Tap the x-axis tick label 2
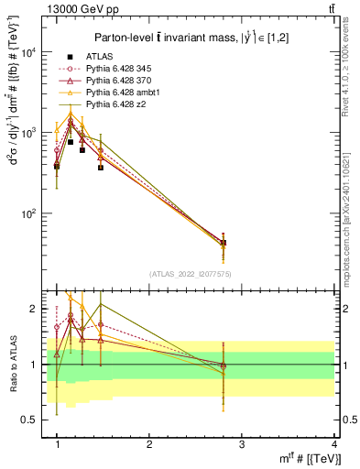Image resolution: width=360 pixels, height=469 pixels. pos(148,442)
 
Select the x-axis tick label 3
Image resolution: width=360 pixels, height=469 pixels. pos(241,442)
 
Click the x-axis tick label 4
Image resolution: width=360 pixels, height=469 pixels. pos(333,442)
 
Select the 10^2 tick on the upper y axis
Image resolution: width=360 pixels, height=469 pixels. pos(34,214)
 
